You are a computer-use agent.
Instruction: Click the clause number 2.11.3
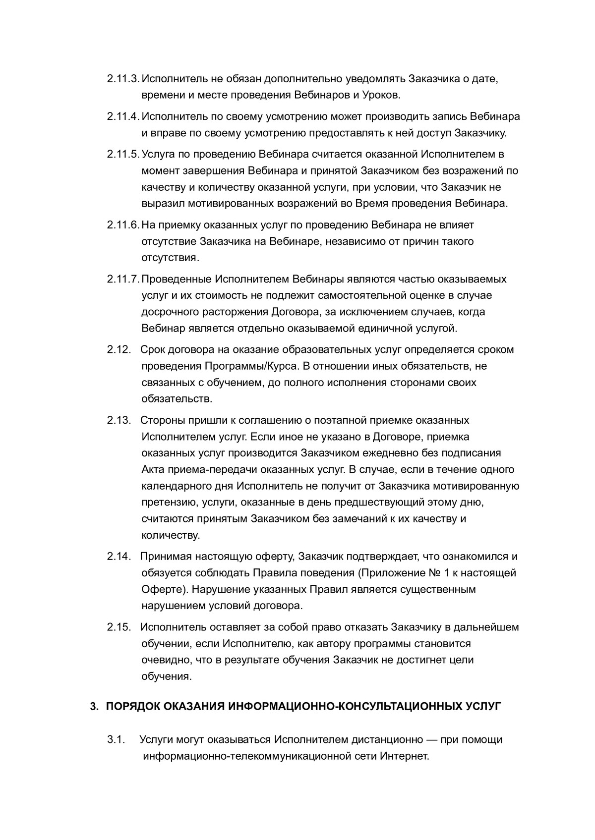(123, 79)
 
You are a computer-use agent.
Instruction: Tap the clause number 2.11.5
(123, 154)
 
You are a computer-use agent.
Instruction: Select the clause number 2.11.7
(123, 279)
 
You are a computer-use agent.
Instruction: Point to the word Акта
(154, 469)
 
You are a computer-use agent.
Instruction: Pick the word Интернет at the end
(404, 757)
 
